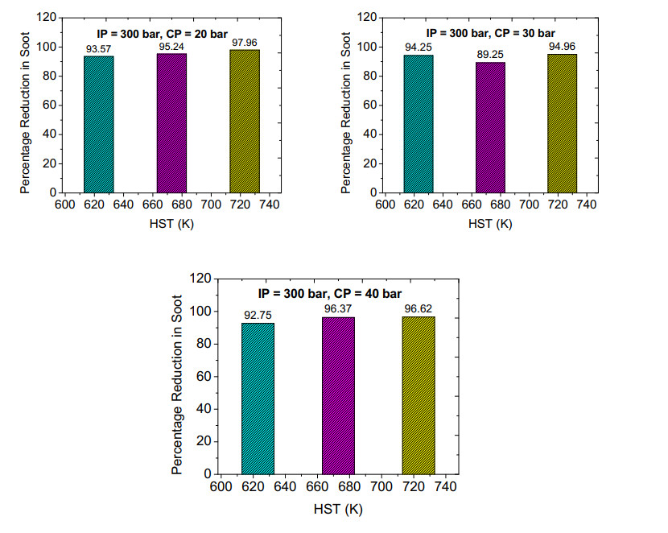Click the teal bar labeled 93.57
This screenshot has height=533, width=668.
pyautogui.click(x=98, y=125)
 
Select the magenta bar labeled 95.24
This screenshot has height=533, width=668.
pyautogui.click(x=171, y=123)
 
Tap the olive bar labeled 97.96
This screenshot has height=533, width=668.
pyautogui.click(x=245, y=122)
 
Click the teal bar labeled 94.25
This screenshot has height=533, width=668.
pyautogui.click(x=419, y=124)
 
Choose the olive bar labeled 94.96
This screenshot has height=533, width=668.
pyautogui.click(x=562, y=123)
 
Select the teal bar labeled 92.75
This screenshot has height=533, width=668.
pyautogui.click(x=258, y=398)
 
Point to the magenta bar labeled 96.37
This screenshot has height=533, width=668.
pyautogui.click(x=338, y=395)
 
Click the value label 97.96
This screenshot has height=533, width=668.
pyautogui.click(x=245, y=43)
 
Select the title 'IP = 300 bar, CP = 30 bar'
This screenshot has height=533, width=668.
pyautogui.click(x=490, y=33)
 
